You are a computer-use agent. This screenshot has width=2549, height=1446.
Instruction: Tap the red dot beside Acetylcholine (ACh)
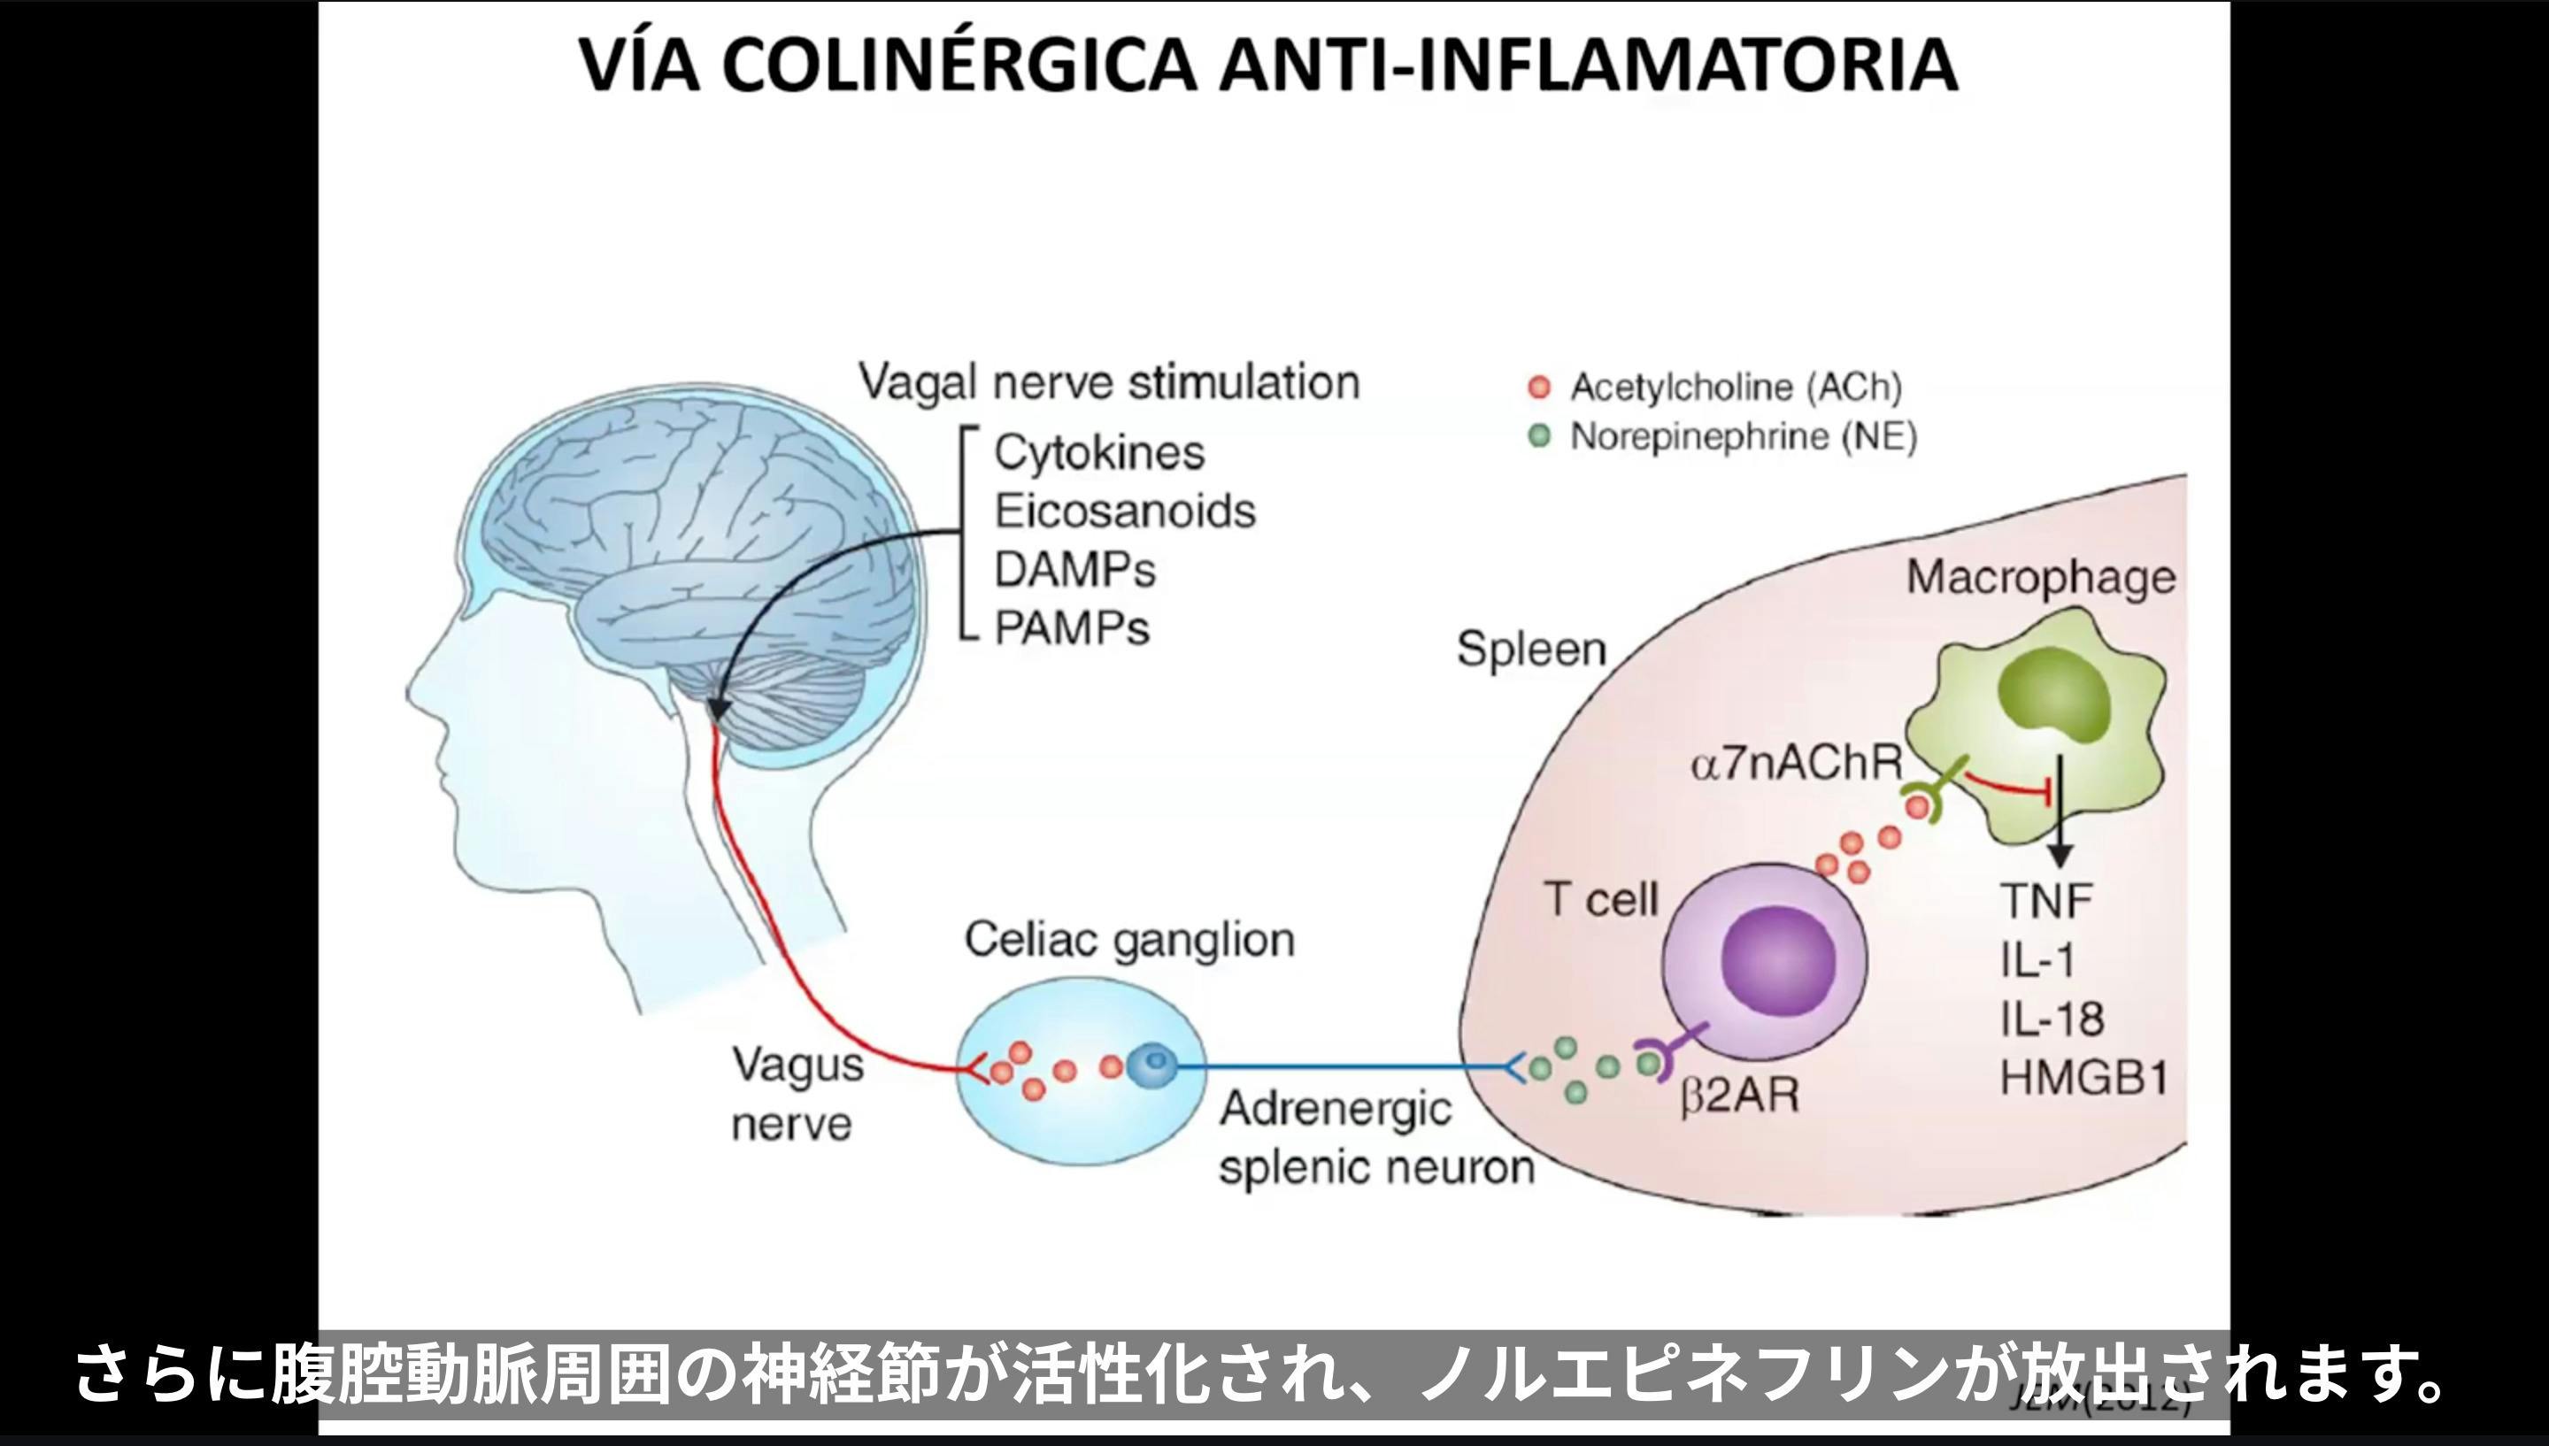click(1539, 388)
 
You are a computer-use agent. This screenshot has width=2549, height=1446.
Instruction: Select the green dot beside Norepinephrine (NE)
click(1539, 437)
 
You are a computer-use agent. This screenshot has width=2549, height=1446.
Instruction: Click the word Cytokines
click(1099, 453)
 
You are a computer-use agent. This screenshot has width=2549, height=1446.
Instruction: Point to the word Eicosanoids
click(1125, 511)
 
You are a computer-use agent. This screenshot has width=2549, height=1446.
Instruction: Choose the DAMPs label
click(1075, 570)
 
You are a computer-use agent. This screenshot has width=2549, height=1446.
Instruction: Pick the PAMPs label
click(1072, 627)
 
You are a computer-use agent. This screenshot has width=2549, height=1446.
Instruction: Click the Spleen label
click(1531, 650)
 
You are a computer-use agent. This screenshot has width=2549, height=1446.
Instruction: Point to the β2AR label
click(1740, 1097)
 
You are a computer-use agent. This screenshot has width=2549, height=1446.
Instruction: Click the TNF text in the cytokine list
click(2046, 902)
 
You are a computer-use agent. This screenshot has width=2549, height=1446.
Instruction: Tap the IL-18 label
click(2052, 1019)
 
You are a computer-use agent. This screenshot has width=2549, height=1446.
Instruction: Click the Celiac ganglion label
click(1129, 940)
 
